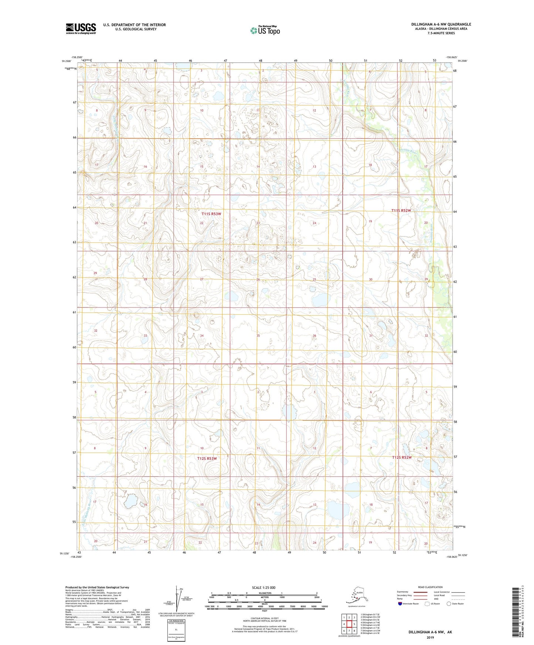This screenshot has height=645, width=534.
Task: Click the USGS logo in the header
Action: pos(81,28)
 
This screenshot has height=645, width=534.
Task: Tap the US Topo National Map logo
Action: pos(265,30)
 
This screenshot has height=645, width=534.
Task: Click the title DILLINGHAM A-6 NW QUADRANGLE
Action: pos(441,24)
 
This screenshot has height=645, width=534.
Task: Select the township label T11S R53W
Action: pos(211,214)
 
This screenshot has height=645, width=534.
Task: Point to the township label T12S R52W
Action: pos(401,457)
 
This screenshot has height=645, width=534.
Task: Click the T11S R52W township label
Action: pos(401,211)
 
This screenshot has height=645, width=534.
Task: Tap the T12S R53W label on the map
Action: pos(207,458)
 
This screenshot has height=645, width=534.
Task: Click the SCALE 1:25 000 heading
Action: pos(264,587)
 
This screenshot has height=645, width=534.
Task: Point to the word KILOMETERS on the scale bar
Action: pos(264,593)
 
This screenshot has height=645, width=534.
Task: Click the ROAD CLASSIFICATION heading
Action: pos(430,587)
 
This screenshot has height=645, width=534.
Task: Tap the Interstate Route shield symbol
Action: pos(400,604)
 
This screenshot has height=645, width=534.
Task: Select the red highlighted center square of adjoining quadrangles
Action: pos(349,624)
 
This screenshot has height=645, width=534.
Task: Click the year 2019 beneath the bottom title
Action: pos(430,637)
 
